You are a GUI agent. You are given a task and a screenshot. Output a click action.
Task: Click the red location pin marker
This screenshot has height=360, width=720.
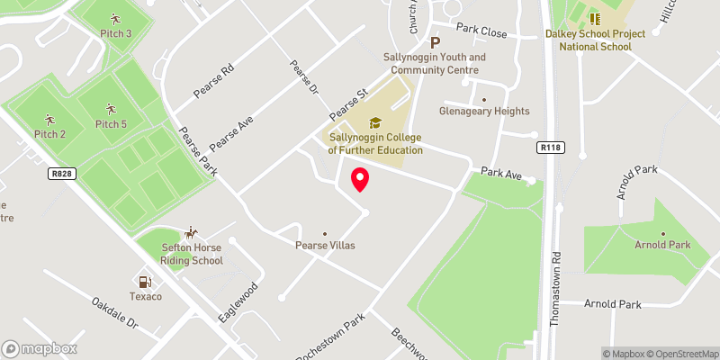(360, 179)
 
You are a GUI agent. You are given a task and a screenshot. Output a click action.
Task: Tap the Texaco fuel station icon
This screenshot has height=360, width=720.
(143, 282)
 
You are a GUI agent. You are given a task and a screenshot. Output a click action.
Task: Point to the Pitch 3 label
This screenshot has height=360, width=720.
(115, 33)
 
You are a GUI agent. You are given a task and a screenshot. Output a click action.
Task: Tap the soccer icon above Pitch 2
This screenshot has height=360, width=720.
(49, 120)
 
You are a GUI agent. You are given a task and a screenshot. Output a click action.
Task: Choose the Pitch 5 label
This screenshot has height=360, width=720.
(111, 124)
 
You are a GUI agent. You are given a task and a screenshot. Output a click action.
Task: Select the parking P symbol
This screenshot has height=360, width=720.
(436, 42)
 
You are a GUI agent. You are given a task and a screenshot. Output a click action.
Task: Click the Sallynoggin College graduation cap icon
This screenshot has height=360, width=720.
(374, 123)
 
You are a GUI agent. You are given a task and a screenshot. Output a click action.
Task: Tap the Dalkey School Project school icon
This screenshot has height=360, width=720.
(594, 18)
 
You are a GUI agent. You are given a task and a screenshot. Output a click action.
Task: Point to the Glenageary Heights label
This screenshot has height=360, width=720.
(484, 112)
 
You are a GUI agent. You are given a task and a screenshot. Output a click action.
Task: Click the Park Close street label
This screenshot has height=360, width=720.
(482, 30)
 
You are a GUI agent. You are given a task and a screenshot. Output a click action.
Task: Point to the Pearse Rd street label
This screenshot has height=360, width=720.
(214, 82)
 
